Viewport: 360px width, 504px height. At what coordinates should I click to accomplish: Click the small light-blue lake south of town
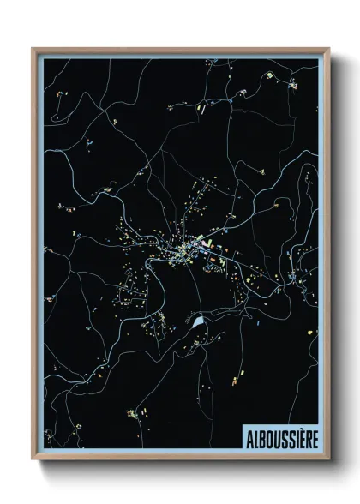(199, 323)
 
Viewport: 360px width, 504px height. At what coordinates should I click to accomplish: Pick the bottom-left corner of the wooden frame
(33, 459)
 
